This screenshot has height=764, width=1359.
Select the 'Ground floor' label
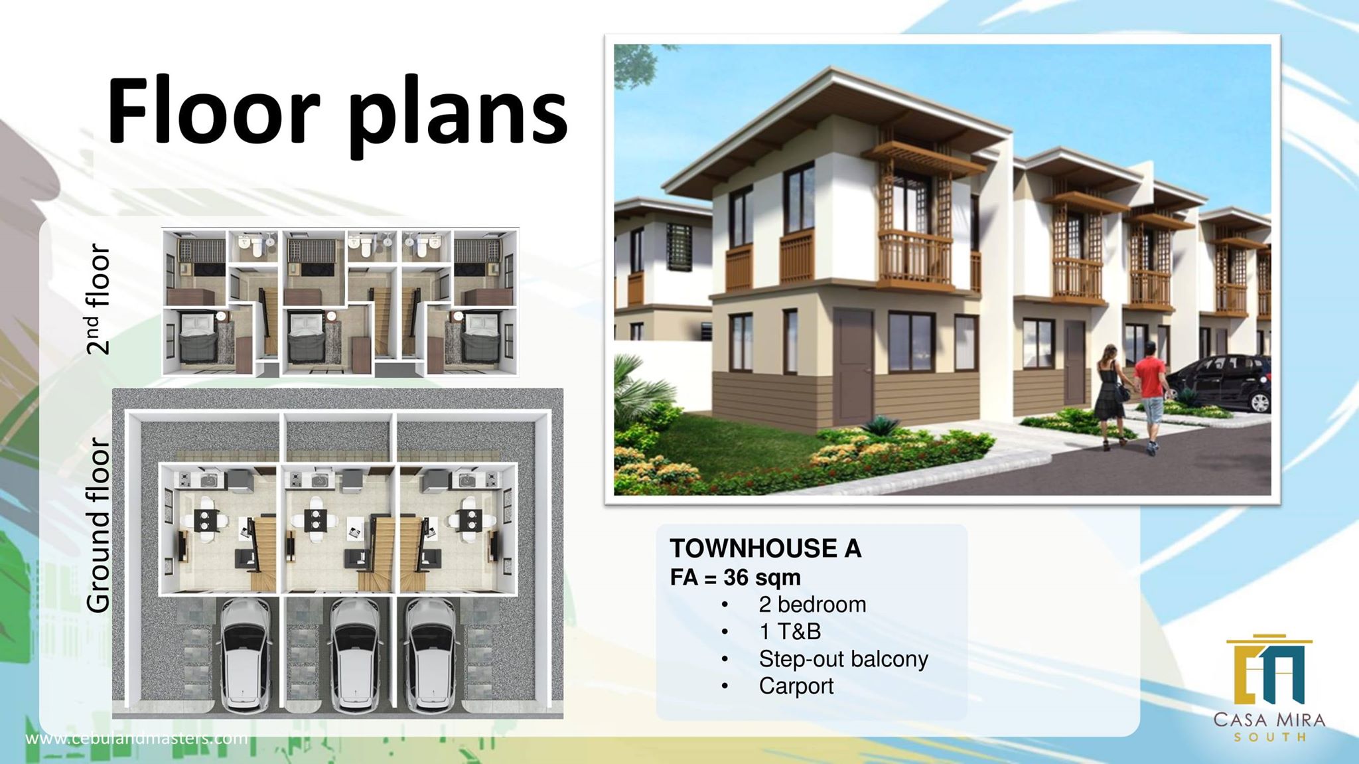point(98,524)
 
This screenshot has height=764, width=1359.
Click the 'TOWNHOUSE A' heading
point(765,548)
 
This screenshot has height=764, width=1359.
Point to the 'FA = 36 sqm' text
point(735,577)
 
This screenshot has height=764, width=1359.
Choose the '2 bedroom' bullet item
point(812,605)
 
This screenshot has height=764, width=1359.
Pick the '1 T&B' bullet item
point(790,631)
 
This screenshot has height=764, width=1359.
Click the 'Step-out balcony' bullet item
point(843,658)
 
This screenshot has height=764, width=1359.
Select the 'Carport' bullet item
point(796,686)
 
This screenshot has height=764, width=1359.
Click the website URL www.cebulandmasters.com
point(137,738)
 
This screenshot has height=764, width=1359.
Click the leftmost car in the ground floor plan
point(246,654)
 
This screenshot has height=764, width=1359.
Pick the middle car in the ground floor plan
point(356,654)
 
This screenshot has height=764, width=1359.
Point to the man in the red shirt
point(1149,396)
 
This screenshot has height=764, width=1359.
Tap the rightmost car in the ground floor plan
point(431,654)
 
